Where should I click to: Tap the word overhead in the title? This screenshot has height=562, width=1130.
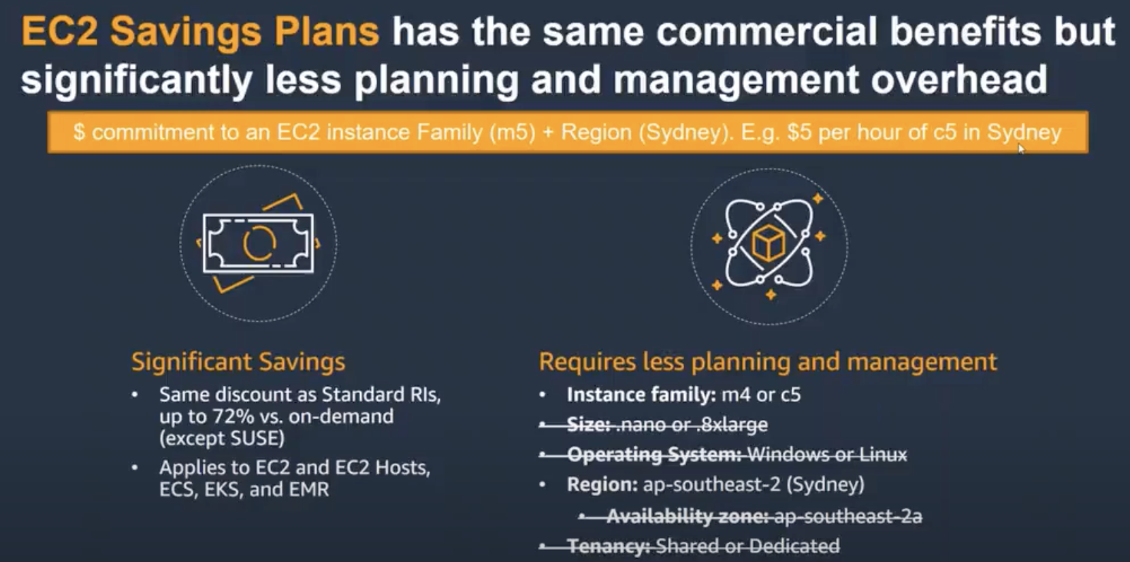point(959,80)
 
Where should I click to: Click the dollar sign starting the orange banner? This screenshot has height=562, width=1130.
point(79,132)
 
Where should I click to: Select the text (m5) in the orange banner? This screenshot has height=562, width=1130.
point(512,132)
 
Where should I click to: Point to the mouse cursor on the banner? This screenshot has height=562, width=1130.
point(1022,149)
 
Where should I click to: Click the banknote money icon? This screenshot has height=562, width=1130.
point(258,243)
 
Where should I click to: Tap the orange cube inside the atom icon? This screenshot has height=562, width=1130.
point(769,244)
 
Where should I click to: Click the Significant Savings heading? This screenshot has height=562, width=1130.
point(238,361)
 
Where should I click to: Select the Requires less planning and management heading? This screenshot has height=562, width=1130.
point(768,362)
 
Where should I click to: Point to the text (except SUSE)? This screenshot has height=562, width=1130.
point(222,438)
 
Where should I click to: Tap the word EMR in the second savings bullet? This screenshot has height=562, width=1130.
point(309,489)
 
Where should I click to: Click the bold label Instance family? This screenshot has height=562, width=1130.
point(641,395)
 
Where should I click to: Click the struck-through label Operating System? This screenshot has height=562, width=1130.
point(654,455)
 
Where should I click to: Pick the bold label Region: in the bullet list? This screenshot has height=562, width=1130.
point(602,485)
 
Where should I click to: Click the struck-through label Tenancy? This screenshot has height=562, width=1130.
point(609,546)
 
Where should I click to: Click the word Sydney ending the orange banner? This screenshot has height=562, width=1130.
point(1024,132)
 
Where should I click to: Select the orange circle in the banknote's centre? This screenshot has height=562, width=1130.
point(259,243)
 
